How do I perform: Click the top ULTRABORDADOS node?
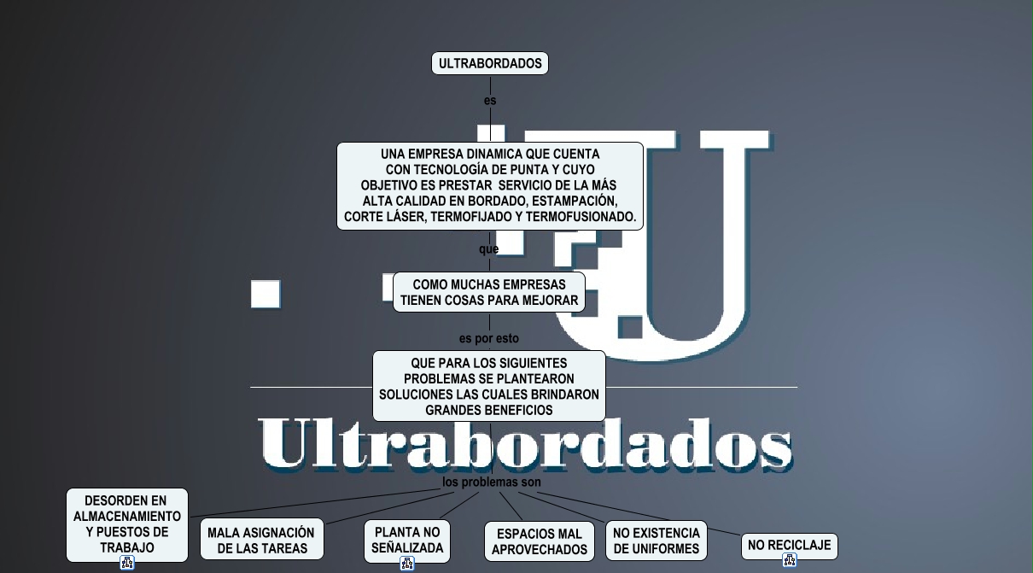(x=490, y=63)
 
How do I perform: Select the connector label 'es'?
(x=490, y=101)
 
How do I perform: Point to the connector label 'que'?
(x=488, y=249)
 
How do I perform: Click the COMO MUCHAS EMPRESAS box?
(x=489, y=292)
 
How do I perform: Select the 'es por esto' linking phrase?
(x=489, y=339)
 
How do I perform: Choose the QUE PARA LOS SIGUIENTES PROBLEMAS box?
(x=489, y=386)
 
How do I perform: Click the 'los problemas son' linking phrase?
(x=492, y=482)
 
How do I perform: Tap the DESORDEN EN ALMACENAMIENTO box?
(x=126, y=523)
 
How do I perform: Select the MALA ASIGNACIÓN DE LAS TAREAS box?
(x=261, y=540)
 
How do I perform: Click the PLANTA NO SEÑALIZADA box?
(x=407, y=540)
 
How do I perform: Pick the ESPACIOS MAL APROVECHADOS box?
(x=540, y=542)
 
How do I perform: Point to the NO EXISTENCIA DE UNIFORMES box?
(x=656, y=541)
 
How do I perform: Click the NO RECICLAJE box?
(x=789, y=545)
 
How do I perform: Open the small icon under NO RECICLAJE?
(x=790, y=561)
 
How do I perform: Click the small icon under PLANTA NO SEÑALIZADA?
(x=407, y=563)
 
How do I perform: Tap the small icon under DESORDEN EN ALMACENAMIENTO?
(x=127, y=563)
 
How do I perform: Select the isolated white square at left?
(x=266, y=294)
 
